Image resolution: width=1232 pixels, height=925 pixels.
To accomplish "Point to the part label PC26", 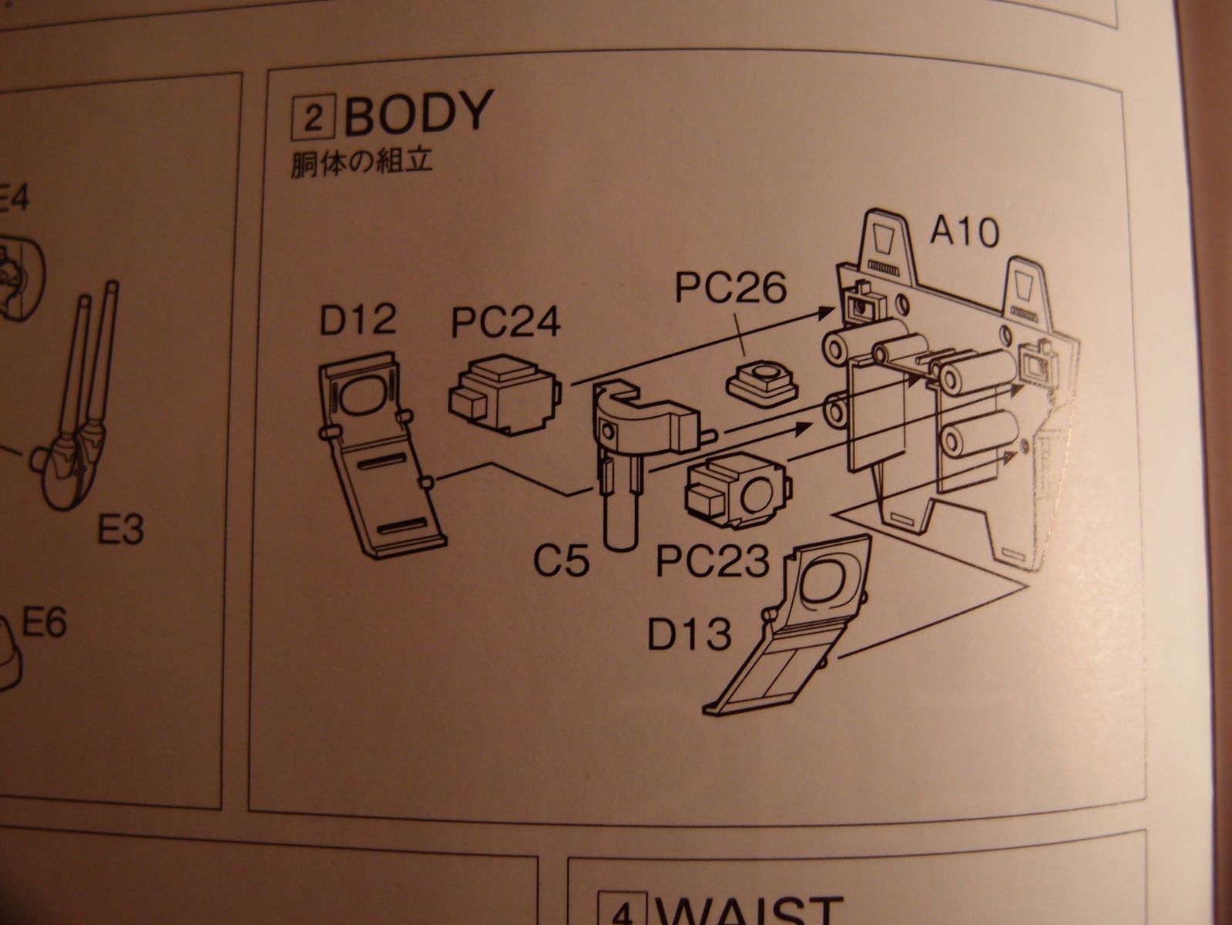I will click(x=731, y=288).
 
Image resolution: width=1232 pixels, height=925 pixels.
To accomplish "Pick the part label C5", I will click(x=563, y=562).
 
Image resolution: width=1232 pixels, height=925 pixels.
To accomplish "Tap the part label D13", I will click(x=689, y=636).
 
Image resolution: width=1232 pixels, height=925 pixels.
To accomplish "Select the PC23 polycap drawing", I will click(x=737, y=491).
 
